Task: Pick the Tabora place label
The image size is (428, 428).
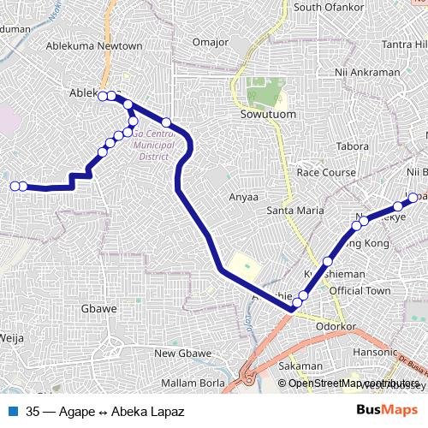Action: (x=352, y=146)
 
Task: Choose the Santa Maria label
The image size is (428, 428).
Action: (x=295, y=210)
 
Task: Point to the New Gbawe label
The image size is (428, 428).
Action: (x=182, y=354)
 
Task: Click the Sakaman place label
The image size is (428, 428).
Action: (x=300, y=366)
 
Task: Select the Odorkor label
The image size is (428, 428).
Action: (x=334, y=325)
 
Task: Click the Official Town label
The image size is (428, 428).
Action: (x=360, y=291)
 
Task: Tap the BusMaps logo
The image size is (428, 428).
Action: (x=381, y=411)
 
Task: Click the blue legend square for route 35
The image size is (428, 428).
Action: (x=13, y=412)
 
